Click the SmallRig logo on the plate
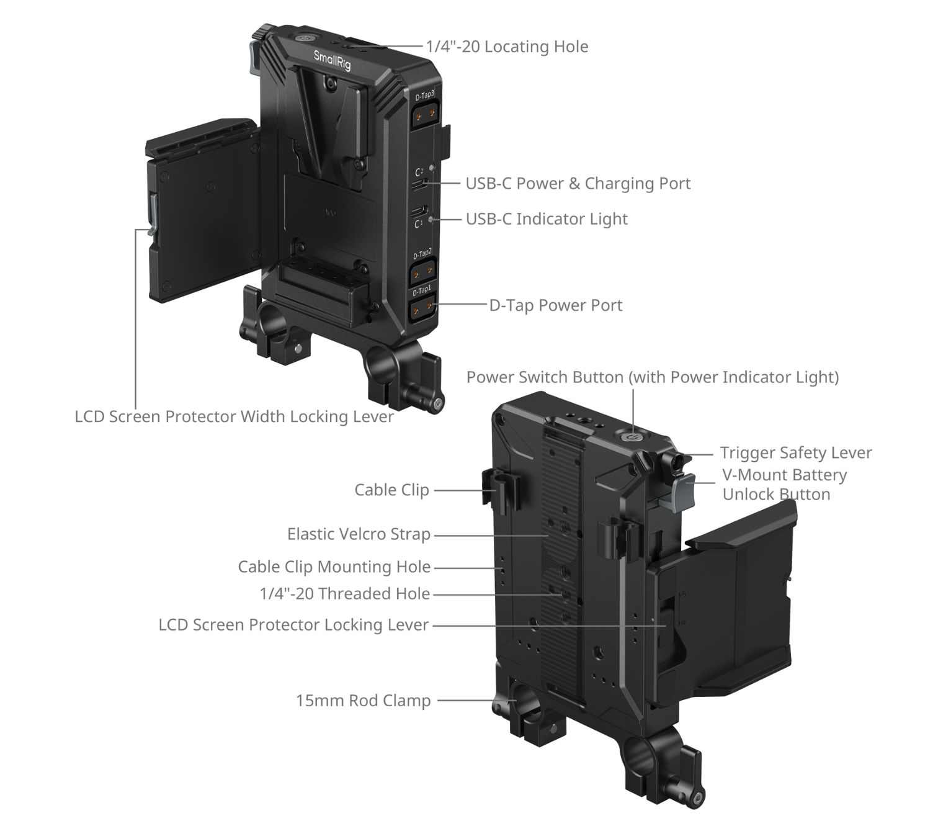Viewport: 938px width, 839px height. point(331,60)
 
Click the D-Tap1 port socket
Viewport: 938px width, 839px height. point(422,306)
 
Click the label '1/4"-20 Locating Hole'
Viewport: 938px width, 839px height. point(507,47)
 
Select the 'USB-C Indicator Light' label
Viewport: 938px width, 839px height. point(547,218)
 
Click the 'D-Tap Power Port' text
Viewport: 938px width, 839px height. point(556,305)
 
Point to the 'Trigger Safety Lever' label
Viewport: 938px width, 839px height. point(795,452)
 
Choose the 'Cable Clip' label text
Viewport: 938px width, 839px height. point(391,489)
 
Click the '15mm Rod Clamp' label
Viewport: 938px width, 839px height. point(364,700)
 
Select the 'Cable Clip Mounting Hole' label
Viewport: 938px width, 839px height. point(334,566)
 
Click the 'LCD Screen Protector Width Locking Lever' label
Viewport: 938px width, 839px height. point(234,416)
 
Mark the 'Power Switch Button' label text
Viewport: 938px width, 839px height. point(545,377)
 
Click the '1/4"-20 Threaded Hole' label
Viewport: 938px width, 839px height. point(345,593)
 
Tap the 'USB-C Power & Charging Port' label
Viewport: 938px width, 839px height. point(578,183)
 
